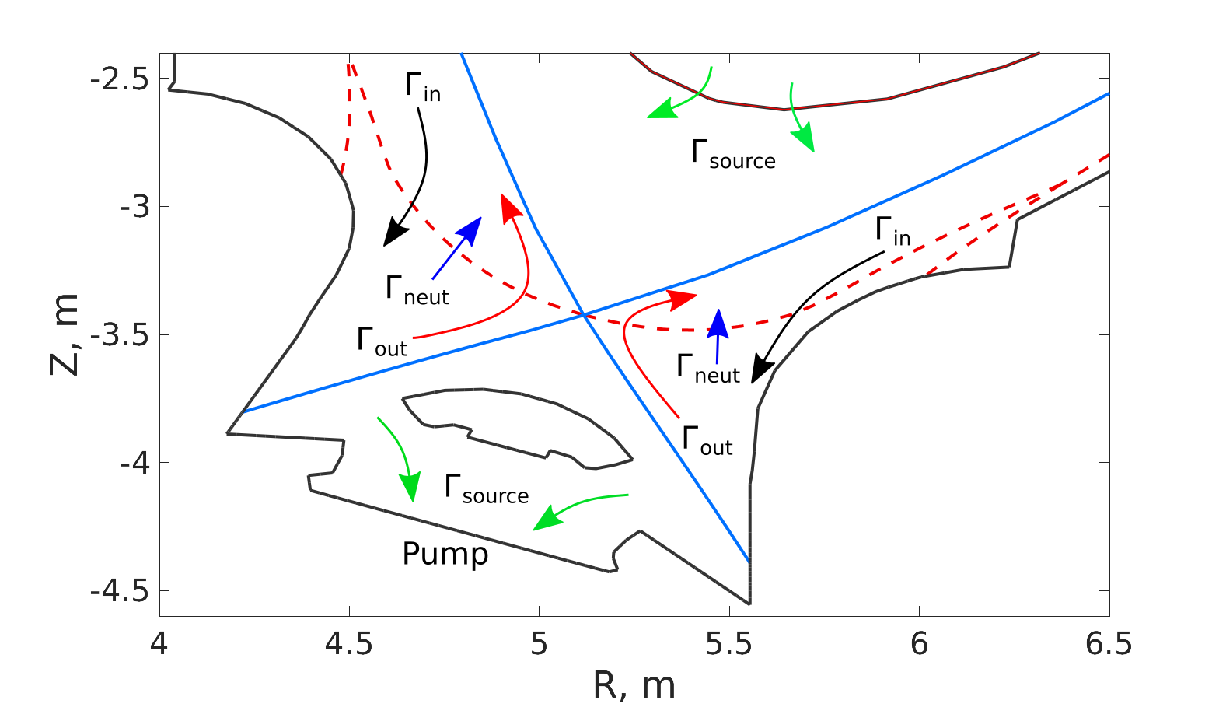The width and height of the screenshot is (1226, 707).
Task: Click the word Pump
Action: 445,555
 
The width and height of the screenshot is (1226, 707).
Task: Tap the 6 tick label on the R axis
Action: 919,644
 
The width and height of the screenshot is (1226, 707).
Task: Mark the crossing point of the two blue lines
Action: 583,314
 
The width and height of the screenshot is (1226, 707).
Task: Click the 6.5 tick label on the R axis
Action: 1109,644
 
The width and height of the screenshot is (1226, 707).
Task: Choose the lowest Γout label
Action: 706,440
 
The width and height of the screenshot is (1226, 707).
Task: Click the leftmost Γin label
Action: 422,86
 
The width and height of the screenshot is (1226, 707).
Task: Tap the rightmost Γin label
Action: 892,231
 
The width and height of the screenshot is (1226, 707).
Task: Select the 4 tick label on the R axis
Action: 159,644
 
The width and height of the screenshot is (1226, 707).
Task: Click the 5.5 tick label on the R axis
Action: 729,644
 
